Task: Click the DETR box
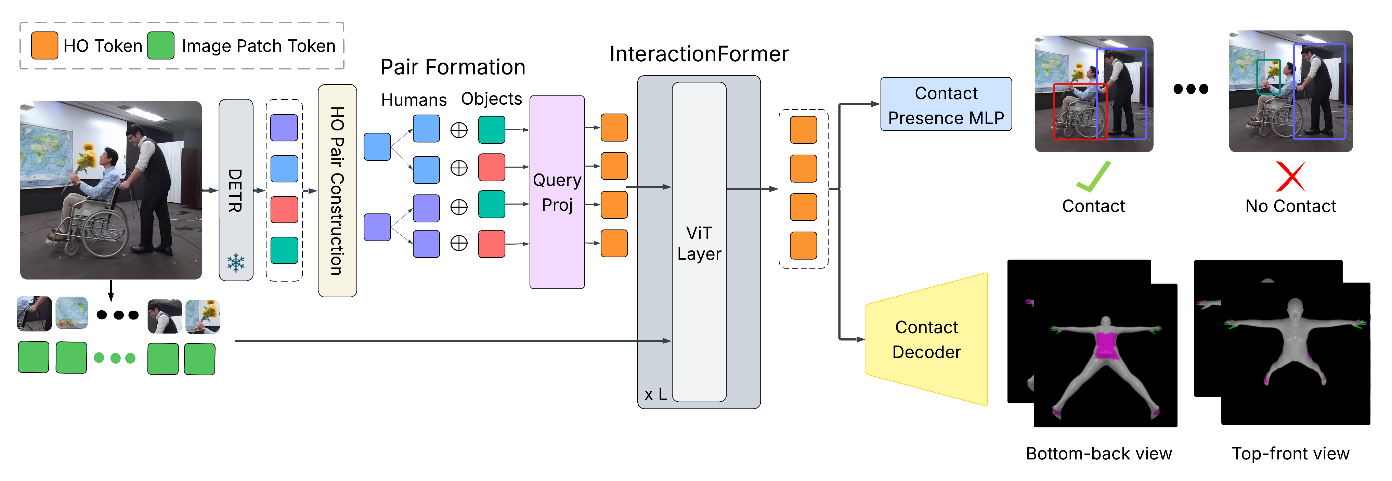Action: tap(236, 189)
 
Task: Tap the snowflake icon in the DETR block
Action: tap(236, 263)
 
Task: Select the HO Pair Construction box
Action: tap(337, 190)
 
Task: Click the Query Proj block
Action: tap(557, 192)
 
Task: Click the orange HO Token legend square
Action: tap(44, 45)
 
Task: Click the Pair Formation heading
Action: tap(453, 67)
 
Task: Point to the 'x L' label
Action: tap(655, 394)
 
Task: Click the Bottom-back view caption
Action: tap(1098, 453)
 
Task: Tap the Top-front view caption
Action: tap(1290, 453)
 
